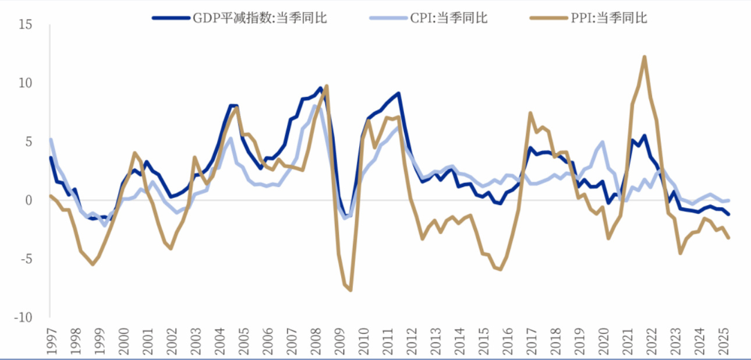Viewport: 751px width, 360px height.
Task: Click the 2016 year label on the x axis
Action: (x=505, y=341)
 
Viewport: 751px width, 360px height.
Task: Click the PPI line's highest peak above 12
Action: (x=644, y=57)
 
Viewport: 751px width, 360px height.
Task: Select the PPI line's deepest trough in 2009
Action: (x=350, y=290)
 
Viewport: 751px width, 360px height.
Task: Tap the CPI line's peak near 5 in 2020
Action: (x=603, y=142)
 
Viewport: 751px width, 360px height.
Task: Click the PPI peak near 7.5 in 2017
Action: (x=530, y=113)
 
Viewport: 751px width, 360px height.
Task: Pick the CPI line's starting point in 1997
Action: (x=51, y=140)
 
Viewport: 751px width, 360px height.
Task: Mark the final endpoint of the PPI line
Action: (x=728, y=237)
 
